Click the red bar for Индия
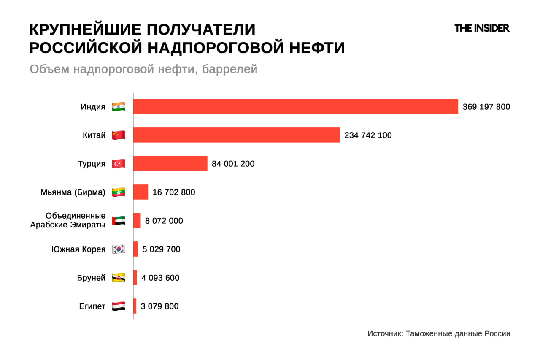coord(295,106)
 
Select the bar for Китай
coord(236,135)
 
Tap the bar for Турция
coord(170,163)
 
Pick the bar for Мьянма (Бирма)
coord(140,192)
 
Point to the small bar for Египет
coord(135,306)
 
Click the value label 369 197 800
coord(486,107)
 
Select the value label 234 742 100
coord(368,135)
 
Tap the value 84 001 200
coord(233,164)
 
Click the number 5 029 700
coord(161,249)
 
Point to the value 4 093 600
coord(160,278)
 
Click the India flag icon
coord(119,107)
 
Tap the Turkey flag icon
coord(119,164)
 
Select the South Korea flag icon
coord(119,249)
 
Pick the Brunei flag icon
coord(119,278)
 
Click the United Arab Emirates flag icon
coord(119,221)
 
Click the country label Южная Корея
coord(78,249)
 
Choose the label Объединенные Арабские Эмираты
coord(68,220)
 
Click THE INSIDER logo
coord(482,28)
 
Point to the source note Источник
coord(439,333)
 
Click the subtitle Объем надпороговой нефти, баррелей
coord(143,69)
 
